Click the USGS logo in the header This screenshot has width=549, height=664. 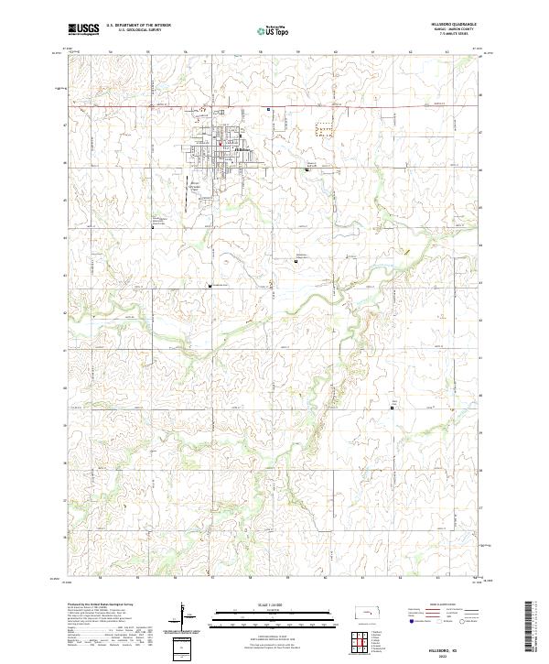coord(84,30)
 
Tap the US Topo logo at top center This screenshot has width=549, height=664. coord(274,31)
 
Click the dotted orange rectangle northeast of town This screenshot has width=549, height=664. coord(324,129)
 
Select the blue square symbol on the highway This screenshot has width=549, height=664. coord(268,109)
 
